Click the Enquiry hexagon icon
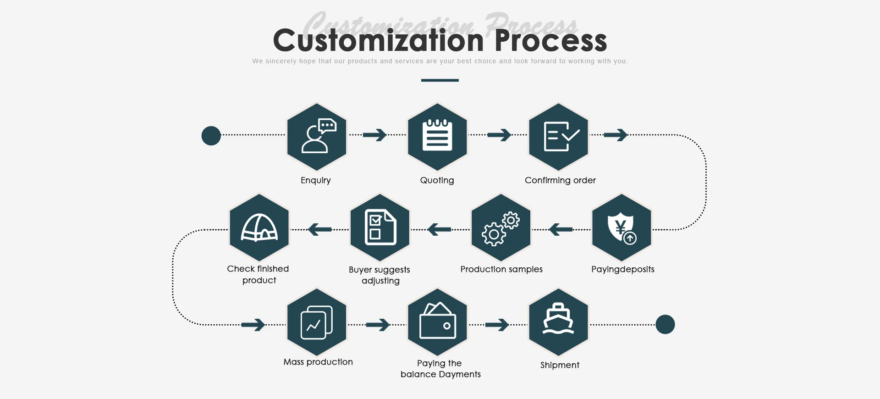tap(317, 137)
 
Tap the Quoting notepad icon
tap(437, 137)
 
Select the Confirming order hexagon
tap(558, 137)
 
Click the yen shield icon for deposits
tap(621, 228)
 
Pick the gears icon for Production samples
tap(501, 228)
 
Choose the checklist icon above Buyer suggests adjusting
tap(380, 228)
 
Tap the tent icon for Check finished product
tap(259, 228)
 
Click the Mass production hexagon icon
tap(317, 322)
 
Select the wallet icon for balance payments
tap(437, 322)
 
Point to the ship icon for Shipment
tap(558, 322)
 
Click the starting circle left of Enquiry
tap(211, 136)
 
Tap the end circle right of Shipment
tap(665, 324)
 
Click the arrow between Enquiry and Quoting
tap(375, 135)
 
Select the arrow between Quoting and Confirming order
tap(499, 135)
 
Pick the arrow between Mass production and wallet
tap(378, 325)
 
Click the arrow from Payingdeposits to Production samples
tap(560, 229)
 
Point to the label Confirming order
tap(560, 180)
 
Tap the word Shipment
tap(560, 365)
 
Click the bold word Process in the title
tap(550, 40)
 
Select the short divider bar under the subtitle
tap(440, 80)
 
